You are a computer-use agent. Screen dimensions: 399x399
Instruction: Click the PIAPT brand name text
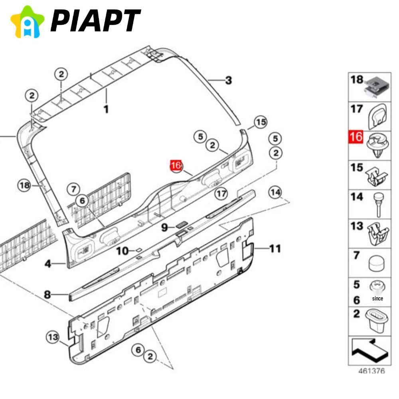[x=95, y=21]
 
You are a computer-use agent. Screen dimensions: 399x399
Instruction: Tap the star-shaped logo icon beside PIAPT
[x=27, y=22]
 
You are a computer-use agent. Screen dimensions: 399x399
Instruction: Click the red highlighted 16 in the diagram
[x=176, y=166]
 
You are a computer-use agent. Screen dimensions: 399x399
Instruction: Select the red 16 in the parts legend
[x=356, y=137]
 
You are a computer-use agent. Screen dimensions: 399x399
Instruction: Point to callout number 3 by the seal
[x=228, y=80]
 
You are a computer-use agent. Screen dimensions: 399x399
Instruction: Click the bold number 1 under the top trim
[x=106, y=109]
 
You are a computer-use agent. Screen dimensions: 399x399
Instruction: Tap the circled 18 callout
[x=25, y=185]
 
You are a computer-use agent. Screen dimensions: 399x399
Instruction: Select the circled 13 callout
[x=53, y=338]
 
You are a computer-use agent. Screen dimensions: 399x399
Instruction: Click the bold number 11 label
[x=275, y=249]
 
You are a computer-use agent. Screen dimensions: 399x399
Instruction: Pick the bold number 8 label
[x=47, y=295]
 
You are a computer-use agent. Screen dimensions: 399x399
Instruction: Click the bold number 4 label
[x=48, y=264]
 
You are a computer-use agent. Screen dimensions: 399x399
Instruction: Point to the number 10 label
[x=122, y=251]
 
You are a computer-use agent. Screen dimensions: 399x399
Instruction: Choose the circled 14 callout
[x=275, y=193]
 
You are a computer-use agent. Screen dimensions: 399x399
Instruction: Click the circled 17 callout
[x=221, y=194]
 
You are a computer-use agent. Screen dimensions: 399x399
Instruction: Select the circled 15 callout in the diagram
[x=260, y=122]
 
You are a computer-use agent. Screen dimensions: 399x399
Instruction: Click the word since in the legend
[x=377, y=298]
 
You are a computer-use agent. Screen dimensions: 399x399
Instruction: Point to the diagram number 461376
[x=371, y=371]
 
